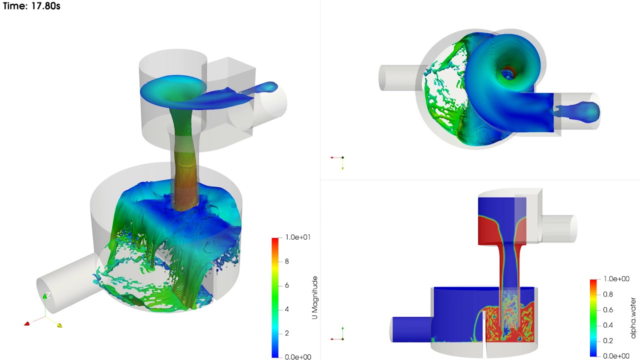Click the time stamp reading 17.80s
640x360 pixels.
[31, 7]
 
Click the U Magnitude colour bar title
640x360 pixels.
[314, 297]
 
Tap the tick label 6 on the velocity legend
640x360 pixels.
[287, 285]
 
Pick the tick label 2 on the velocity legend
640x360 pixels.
[287, 333]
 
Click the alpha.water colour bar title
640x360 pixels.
[633, 317]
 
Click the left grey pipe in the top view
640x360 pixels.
[398, 78]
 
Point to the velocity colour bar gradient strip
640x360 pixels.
[274, 297]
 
